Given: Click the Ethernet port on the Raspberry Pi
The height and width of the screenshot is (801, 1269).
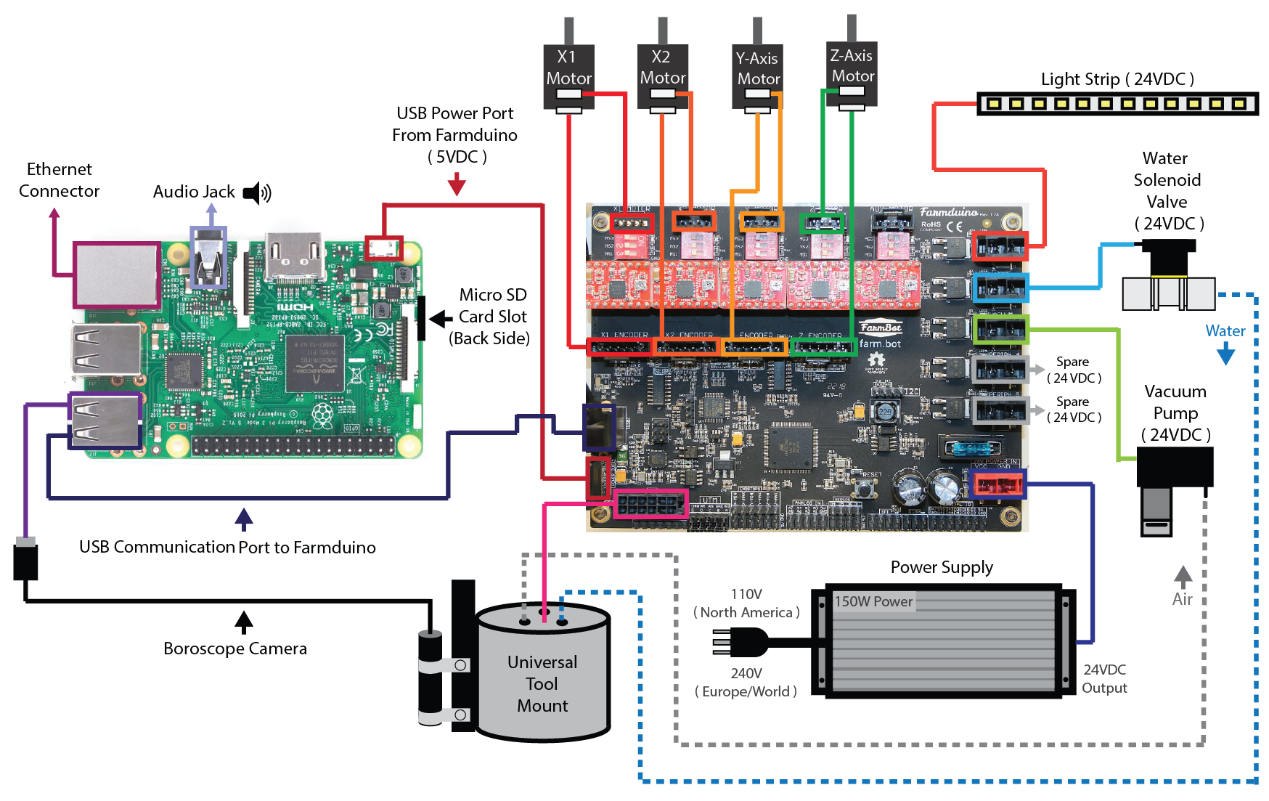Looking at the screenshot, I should pos(117,275).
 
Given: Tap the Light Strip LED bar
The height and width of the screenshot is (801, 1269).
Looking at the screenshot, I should pos(1117,104).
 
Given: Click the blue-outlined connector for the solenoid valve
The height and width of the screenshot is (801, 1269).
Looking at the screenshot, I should pos(1000,288).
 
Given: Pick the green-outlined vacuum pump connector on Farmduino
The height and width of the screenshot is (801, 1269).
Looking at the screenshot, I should pos(1000,330).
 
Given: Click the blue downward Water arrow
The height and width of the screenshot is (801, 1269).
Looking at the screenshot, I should pos(1225,354).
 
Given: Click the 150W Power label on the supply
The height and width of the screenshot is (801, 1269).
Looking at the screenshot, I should pos(873,601).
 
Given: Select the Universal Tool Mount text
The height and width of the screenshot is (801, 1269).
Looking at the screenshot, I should pos(542,683).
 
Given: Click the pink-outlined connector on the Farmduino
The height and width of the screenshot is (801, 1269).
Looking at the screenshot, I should pos(650,503).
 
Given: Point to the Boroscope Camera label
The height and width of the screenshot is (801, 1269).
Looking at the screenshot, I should pos(234,648).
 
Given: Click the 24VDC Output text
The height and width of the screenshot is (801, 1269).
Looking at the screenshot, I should pos(1104,678).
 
